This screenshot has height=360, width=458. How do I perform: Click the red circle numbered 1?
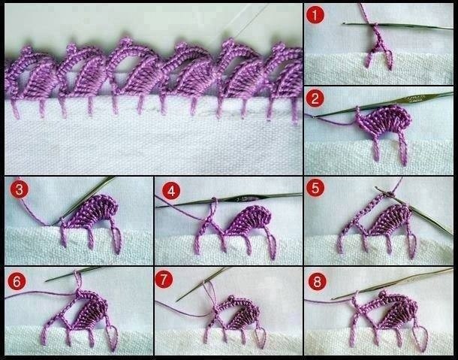(x=315, y=15)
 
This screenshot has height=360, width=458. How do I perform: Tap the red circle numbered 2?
(x=315, y=98)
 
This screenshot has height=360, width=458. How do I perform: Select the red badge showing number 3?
(x=20, y=189)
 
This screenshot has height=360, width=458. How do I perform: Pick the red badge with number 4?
(x=171, y=191)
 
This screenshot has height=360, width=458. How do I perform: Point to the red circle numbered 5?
(x=315, y=188)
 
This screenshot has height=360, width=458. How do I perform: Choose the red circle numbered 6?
(x=17, y=281)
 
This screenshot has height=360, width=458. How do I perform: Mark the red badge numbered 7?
(x=164, y=280)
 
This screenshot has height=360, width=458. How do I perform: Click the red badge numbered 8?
(x=317, y=282)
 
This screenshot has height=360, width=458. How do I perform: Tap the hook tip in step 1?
(x=345, y=23)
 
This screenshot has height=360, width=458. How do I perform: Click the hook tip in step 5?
(x=377, y=189)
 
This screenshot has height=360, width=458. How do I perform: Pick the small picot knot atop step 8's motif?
(x=382, y=294)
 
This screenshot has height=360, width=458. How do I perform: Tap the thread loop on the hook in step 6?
(x=78, y=280)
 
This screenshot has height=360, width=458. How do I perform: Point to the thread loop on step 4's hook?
(x=214, y=207)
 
